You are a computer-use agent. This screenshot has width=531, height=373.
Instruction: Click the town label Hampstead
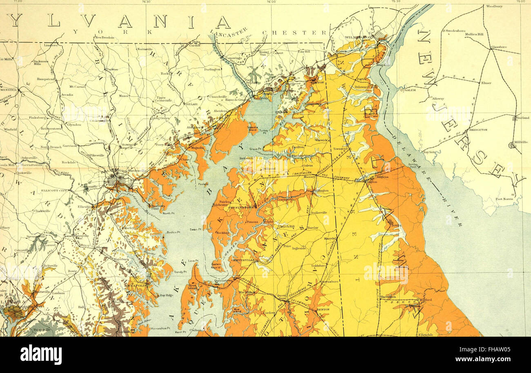pyautogui.click(x=45, y=79)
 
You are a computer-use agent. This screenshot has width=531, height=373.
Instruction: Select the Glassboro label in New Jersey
pyautogui.click(x=499, y=47)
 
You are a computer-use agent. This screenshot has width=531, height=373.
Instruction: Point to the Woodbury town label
pyautogui.click(x=494, y=7)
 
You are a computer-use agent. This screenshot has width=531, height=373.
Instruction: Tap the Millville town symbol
pyautogui.click(x=511, y=145)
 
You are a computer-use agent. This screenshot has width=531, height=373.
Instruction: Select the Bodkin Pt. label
pyautogui.click(x=173, y=232)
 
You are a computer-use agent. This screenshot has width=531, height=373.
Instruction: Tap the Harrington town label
pyautogui.click(x=388, y=297)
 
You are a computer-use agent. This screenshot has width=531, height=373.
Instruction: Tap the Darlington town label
pyautogui.click(x=212, y=69)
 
